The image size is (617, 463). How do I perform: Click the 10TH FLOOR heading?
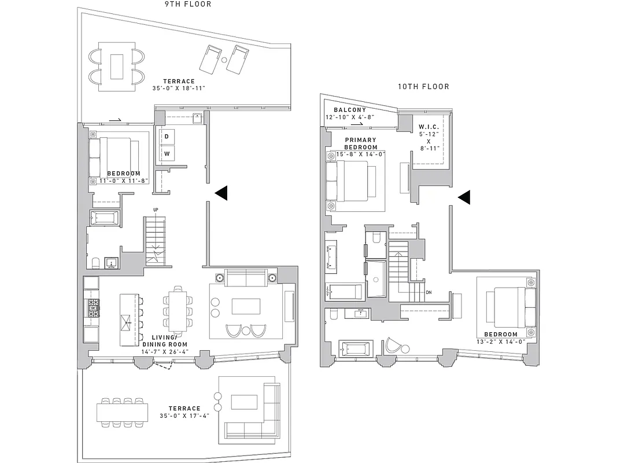[423, 87]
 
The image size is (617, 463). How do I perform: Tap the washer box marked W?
[167, 153]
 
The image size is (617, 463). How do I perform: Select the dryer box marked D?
[167, 137]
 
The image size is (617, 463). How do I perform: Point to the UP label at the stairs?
[156, 210]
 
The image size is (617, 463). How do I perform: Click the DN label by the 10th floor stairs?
[428, 292]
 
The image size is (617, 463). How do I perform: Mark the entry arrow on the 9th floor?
[221, 193]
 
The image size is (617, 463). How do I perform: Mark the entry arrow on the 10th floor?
[464, 197]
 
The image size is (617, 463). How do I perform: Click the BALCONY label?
[349, 110]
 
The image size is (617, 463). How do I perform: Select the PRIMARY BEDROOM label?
[360, 144]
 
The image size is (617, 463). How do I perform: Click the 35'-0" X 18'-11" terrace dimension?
[179, 89]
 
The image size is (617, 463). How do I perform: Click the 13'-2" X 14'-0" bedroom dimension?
[501, 342]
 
